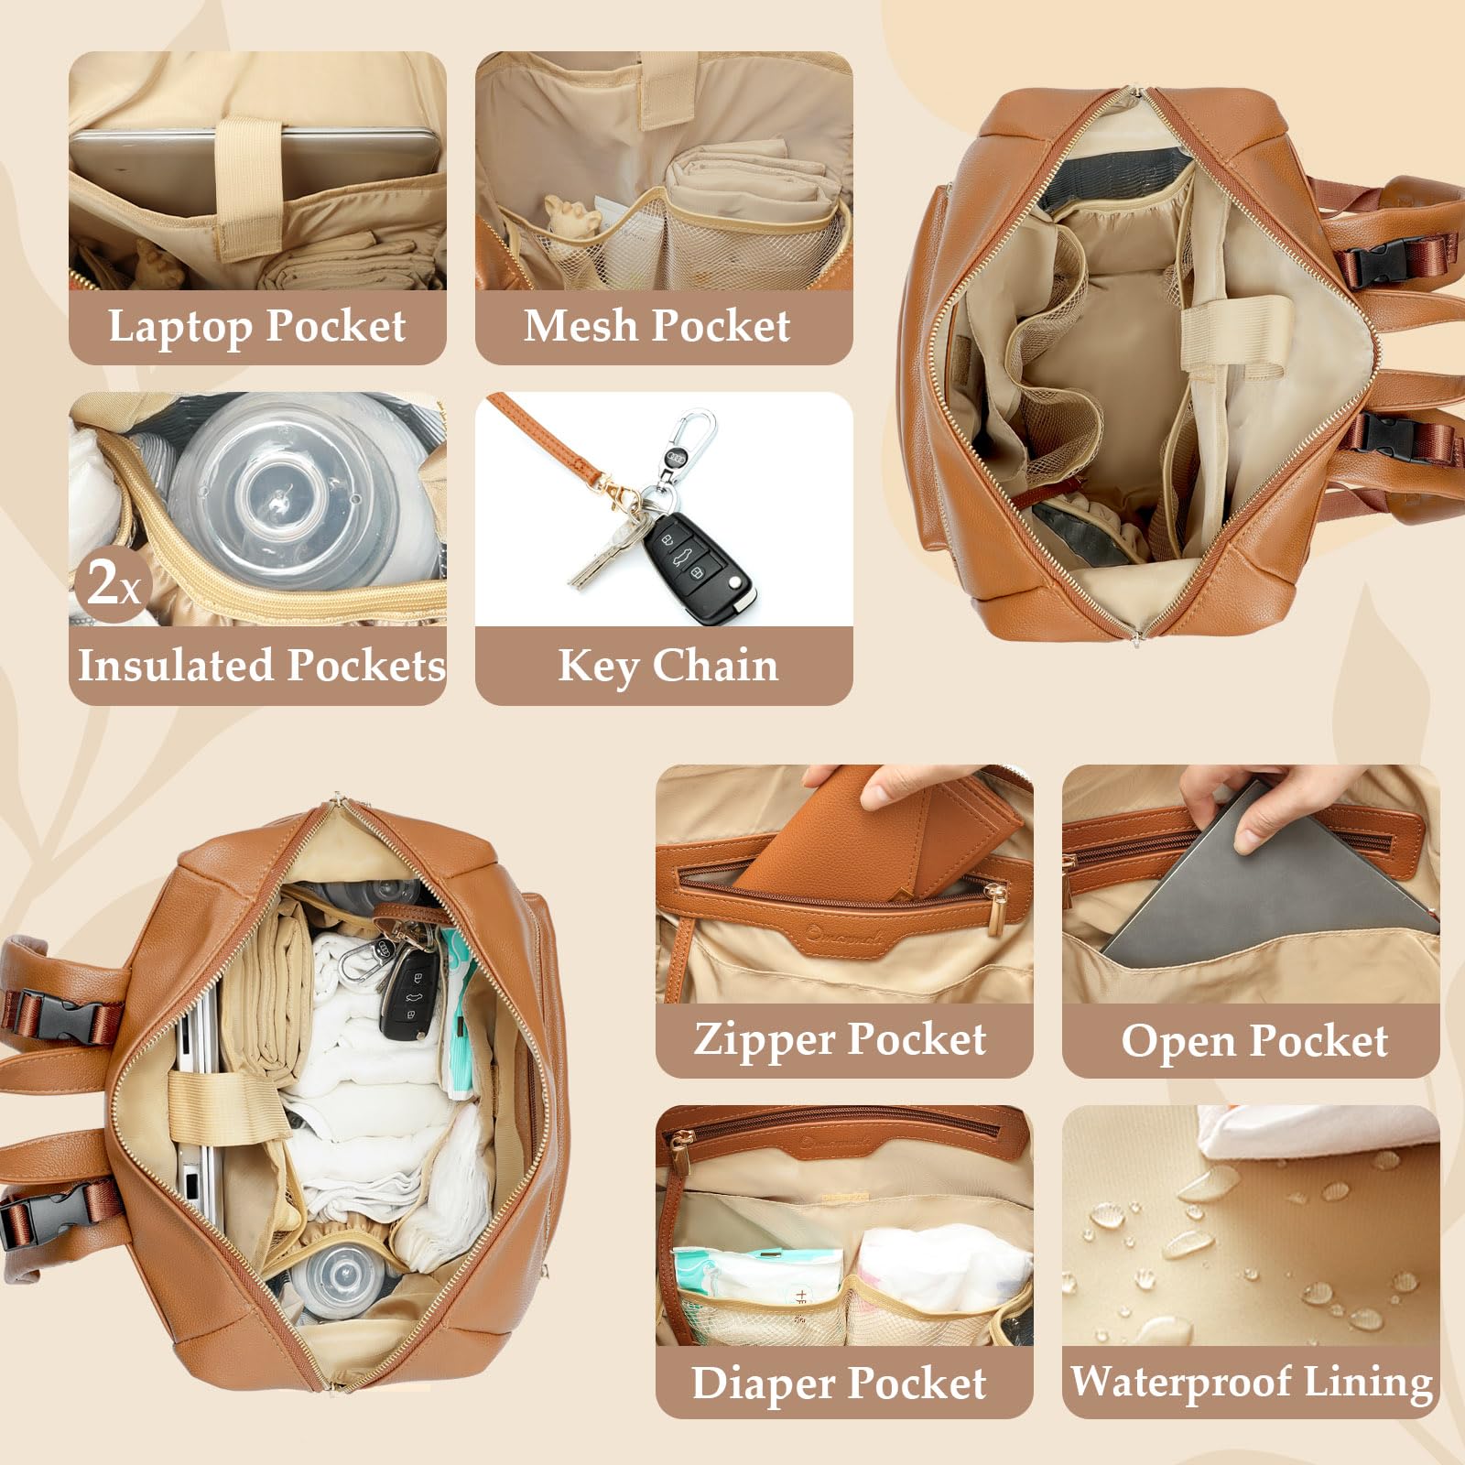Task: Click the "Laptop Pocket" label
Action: pyautogui.click(x=256, y=326)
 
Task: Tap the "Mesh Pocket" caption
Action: pyautogui.click(x=657, y=325)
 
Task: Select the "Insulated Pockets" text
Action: pyautogui.click(x=261, y=665)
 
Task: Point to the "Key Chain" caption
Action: pyautogui.click(x=667, y=666)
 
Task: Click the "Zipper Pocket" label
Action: pyautogui.click(x=840, y=1039)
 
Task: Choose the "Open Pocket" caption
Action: pyautogui.click(x=1254, y=1041)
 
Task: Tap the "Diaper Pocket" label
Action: pyautogui.click(x=839, y=1383)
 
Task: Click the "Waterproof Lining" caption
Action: pyautogui.click(x=1252, y=1382)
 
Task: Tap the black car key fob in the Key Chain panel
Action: pyautogui.click(x=698, y=567)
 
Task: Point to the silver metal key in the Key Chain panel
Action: pyautogui.click(x=604, y=549)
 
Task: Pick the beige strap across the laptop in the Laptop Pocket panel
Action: pyautogui.click(x=247, y=188)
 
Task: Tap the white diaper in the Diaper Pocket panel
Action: pyautogui.click(x=943, y=1268)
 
